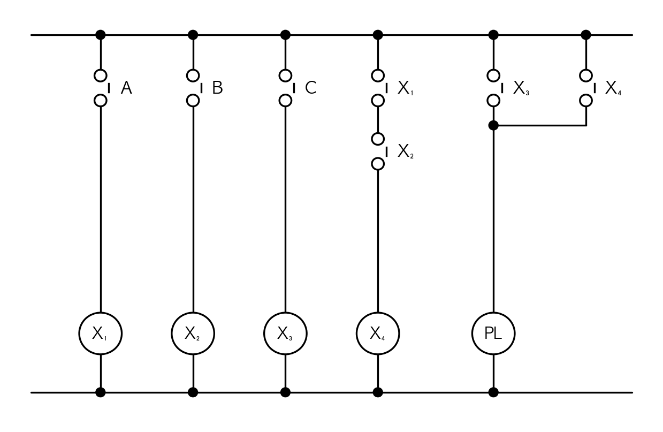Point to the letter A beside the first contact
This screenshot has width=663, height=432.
click(x=126, y=88)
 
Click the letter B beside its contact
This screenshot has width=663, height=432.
click(x=218, y=88)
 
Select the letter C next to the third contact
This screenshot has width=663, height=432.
click(x=310, y=88)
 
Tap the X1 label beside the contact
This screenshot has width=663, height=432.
click(x=405, y=88)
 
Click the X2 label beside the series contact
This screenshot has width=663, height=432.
click(x=405, y=151)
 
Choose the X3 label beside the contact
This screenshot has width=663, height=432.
click(x=521, y=88)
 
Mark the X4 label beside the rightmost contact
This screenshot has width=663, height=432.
click(x=613, y=88)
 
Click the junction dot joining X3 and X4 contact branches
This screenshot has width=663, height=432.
click(x=493, y=126)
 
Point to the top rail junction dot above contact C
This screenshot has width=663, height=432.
click(x=285, y=35)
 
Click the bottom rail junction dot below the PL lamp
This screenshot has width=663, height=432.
click(x=493, y=392)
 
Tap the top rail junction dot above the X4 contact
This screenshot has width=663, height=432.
click(x=586, y=35)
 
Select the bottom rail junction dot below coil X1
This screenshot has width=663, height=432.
click(x=101, y=392)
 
